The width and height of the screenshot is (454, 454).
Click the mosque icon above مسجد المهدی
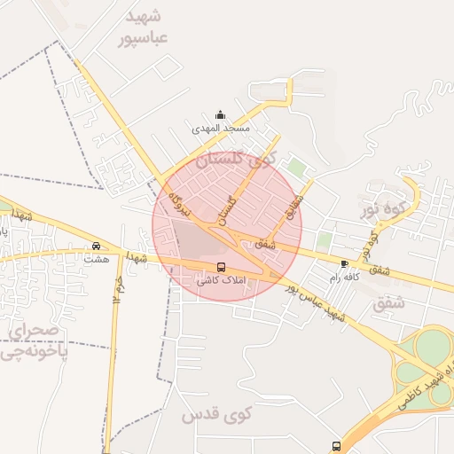click(220, 115)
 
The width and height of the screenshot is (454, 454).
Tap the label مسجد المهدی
click(221, 129)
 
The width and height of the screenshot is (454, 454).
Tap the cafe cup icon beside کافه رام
click(344, 264)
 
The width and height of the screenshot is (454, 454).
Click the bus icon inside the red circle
click(221, 267)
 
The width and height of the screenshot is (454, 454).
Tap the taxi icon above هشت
click(96, 247)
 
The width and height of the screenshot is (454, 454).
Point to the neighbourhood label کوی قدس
click(217, 413)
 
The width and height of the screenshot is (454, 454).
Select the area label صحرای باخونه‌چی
click(32, 341)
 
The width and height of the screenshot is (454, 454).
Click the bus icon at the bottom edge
click(336, 446)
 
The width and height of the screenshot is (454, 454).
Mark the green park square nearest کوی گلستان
click(295, 167)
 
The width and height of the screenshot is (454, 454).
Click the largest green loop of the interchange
click(434, 347)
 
